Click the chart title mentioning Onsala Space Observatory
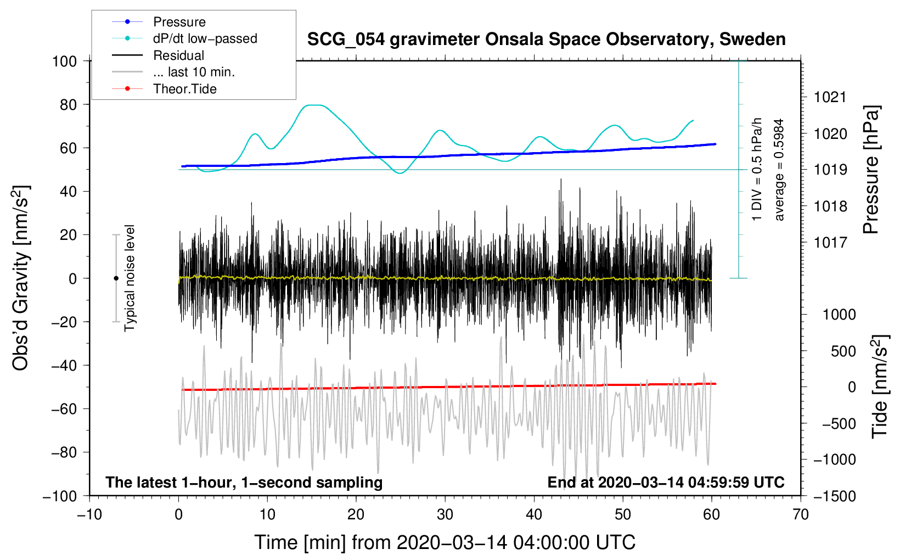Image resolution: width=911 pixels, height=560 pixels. pyautogui.click(x=546, y=40)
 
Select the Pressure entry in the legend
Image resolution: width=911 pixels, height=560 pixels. pyautogui.click(x=179, y=22)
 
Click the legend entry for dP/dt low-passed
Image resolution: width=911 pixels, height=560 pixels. pyautogui.click(x=205, y=38)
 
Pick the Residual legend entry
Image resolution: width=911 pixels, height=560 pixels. pyautogui.click(x=178, y=55)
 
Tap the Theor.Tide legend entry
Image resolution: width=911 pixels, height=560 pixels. pyautogui.click(x=184, y=89)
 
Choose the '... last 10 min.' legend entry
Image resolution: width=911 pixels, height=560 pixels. pyautogui.click(x=194, y=72)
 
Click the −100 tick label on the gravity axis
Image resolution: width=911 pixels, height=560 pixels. pyautogui.click(x=60, y=496)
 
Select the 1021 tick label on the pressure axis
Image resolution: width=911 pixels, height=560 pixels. pyautogui.click(x=830, y=97)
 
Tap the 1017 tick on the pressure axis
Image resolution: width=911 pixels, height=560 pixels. pyautogui.click(x=830, y=242)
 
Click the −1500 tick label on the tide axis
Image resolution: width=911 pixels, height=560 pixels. pyautogui.click(x=834, y=496)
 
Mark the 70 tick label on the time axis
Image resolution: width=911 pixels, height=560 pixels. pyautogui.click(x=801, y=514)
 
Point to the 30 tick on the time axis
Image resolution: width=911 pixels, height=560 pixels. pyautogui.click(x=445, y=514)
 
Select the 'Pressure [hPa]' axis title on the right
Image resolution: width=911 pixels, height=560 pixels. pyautogui.click(x=871, y=170)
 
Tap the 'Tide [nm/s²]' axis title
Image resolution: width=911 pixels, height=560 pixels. pyautogui.click(x=880, y=387)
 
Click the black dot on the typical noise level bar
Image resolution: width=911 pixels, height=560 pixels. pyautogui.click(x=116, y=278)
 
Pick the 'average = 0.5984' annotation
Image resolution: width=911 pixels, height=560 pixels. pyautogui.click(x=779, y=170)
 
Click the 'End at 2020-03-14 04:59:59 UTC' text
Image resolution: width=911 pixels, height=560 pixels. pyautogui.click(x=666, y=482)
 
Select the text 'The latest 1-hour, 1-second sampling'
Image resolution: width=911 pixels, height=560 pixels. pyautogui.click(x=244, y=482)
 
